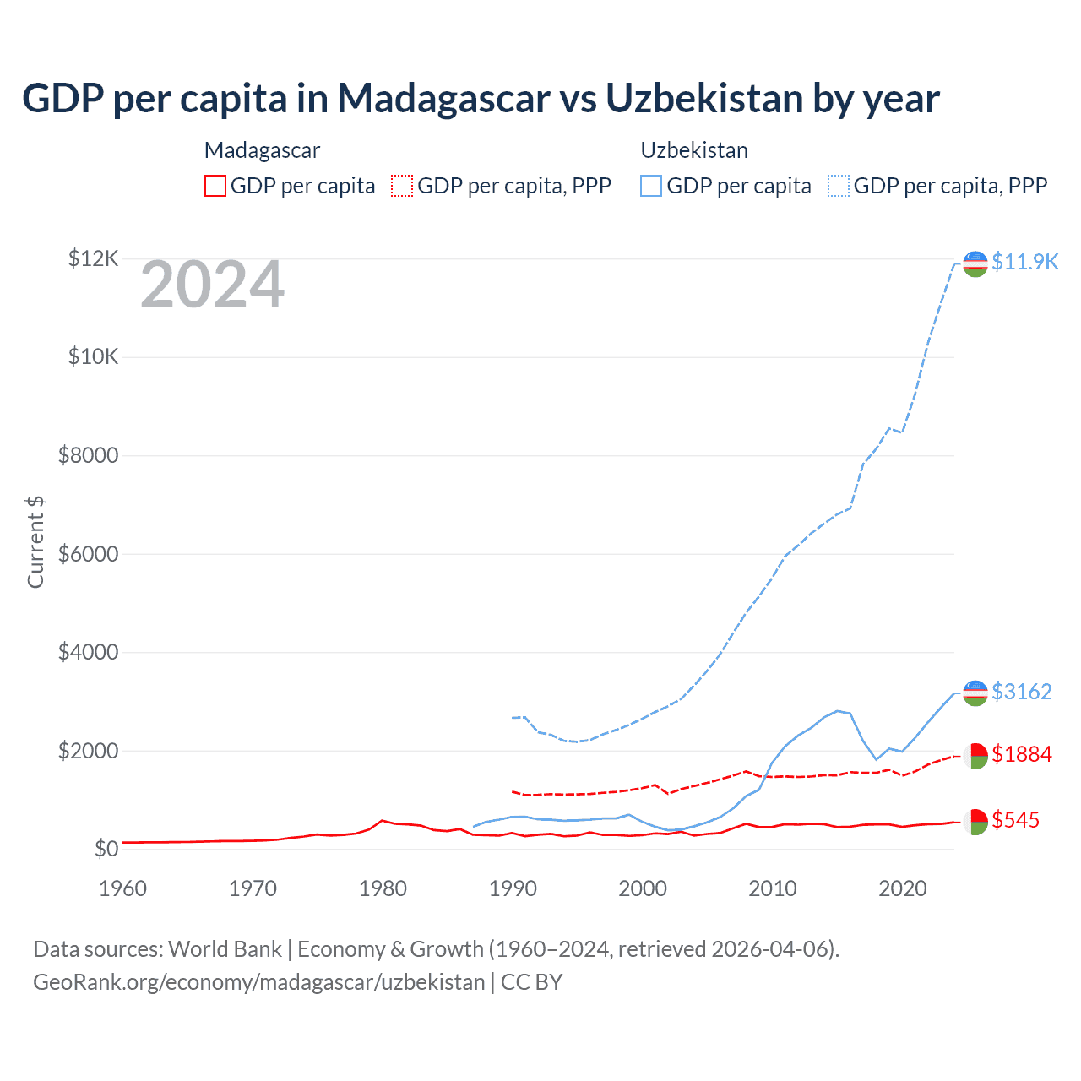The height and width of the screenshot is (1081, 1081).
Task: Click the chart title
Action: (481, 98)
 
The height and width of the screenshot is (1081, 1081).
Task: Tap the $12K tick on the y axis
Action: (94, 258)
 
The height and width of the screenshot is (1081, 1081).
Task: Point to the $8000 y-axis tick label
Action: (88, 456)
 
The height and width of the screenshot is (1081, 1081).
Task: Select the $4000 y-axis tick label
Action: (88, 653)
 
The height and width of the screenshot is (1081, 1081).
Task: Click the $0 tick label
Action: (106, 849)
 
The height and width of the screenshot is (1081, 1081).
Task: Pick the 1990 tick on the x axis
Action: (513, 888)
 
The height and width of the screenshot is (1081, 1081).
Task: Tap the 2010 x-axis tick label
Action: (773, 888)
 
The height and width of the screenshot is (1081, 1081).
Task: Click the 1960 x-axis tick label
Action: (123, 888)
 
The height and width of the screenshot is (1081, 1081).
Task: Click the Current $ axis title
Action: (35, 541)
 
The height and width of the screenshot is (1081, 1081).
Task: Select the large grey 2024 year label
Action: (212, 285)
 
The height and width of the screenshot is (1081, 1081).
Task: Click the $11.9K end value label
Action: (1024, 262)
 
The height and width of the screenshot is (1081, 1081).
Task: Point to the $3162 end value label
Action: (1022, 692)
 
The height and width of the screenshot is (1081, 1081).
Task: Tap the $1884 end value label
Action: (1022, 753)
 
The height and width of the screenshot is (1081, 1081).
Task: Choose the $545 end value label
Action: (1016, 820)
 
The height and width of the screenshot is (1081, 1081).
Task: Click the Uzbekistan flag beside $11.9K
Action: (975, 263)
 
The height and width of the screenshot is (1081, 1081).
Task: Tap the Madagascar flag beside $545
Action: (975, 822)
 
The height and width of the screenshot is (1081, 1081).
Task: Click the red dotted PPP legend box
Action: (402, 186)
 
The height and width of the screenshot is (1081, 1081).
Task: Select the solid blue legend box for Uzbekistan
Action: (651, 186)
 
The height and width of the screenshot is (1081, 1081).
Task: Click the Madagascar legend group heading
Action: (262, 150)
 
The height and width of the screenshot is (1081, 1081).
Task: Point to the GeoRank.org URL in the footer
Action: (259, 982)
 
